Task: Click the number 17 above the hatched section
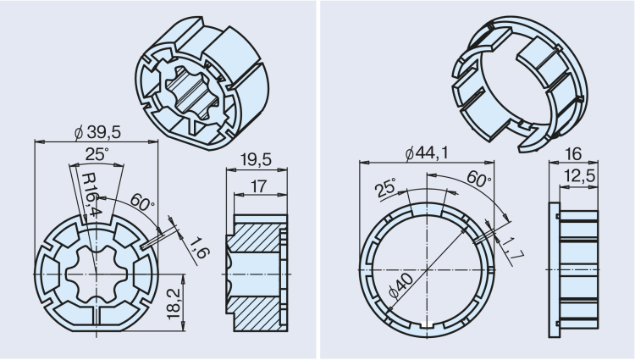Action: point(259,186)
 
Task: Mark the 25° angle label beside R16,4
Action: point(96,154)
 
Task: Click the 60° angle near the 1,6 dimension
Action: point(141,204)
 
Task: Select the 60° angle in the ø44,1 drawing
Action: point(478,180)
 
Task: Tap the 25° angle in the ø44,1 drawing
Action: point(387,188)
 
